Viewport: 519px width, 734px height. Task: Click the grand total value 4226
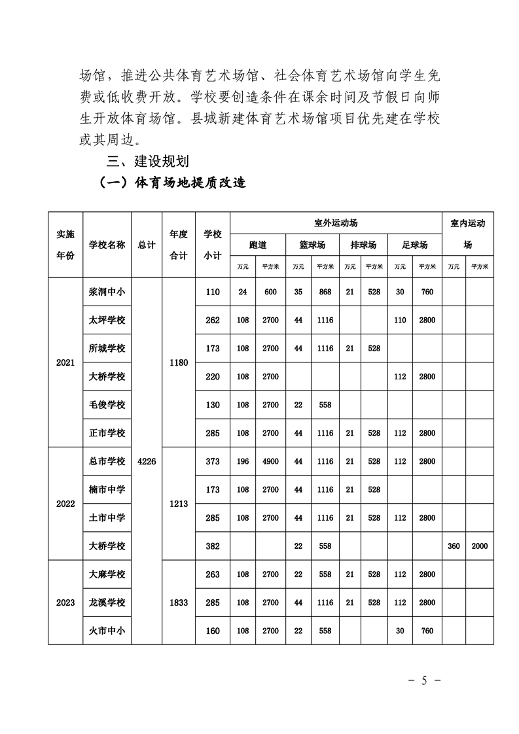point(147,461)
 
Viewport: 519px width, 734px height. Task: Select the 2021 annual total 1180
point(179,362)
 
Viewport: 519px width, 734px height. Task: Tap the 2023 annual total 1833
point(179,603)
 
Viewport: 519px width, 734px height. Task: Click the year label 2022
point(65,504)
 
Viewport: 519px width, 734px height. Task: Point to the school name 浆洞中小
point(107,292)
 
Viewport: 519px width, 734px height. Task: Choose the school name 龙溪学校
point(107,603)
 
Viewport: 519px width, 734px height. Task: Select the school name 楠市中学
point(107,489)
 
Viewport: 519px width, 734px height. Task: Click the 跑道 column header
point(258,245)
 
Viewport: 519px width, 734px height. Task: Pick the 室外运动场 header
point(336,223)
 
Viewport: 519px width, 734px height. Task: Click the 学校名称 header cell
point(107,245)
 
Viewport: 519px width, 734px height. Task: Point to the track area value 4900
point(270,461)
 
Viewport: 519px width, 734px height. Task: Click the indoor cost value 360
point(454,546)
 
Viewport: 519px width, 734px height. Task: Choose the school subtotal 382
point(213,546)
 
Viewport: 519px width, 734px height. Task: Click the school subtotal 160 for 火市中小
point(213,631)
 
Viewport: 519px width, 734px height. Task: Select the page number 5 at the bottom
point(424,681)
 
